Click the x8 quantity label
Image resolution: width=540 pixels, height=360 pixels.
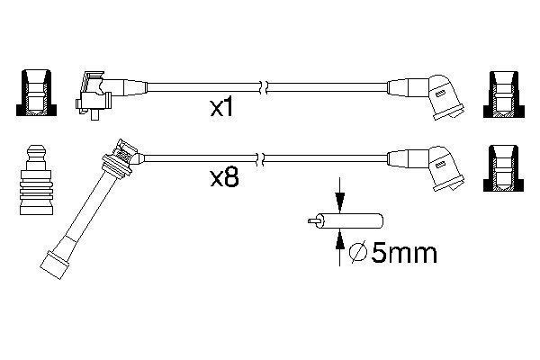pyautogui.click(x=224, y=179)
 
